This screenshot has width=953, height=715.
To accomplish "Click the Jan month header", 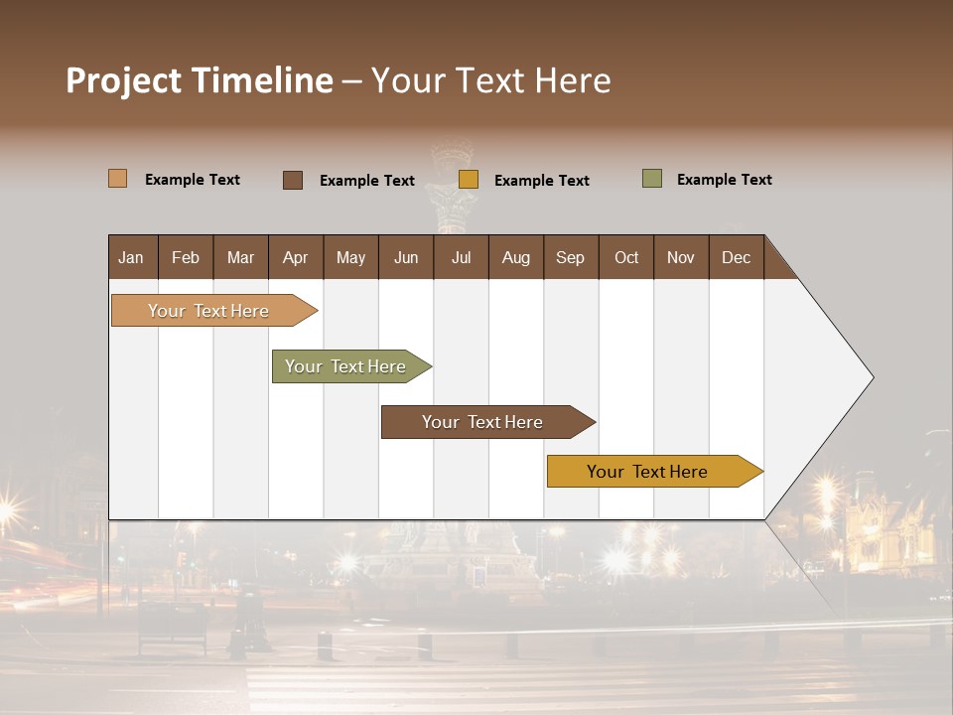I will coord(131,257).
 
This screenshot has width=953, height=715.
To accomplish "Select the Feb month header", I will coord(186,257).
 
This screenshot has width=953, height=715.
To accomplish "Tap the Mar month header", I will coord(240,257).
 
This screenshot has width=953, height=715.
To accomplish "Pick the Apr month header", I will coord(296,257).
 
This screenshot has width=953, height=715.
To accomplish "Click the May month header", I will coord(350,257).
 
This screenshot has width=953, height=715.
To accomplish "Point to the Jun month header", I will coord(406,257).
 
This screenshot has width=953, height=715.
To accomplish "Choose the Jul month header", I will coord(461,257).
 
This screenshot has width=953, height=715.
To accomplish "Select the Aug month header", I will coord(516,257).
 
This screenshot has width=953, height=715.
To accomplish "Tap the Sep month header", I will coord(571,257).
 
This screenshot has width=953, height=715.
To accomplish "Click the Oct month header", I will coord(626,257).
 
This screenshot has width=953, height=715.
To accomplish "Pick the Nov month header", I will coord(681,257).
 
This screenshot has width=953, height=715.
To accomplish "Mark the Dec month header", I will coord(737,257).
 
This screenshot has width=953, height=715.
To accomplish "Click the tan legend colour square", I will coord(118,179).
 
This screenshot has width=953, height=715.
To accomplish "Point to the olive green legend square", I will coord(651,179).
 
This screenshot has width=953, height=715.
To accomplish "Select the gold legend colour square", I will coord(469,180).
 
